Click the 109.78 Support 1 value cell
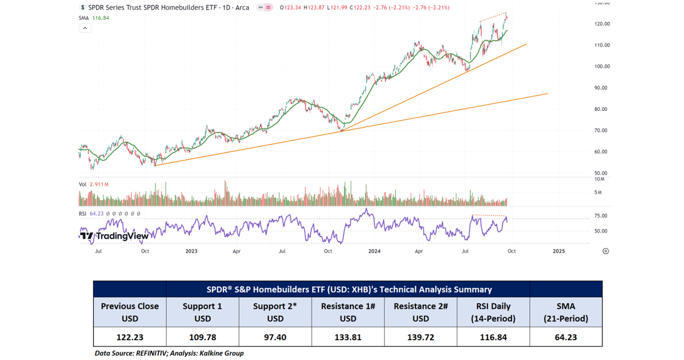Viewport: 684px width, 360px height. (202, 337)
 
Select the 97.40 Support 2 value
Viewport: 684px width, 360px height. (275, 337)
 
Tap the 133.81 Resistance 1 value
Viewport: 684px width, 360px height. (348, 337)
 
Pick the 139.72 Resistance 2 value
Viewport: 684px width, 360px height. (421, 337)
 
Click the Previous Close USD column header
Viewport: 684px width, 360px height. (130, 312)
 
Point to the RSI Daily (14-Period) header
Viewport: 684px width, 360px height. (493, 312)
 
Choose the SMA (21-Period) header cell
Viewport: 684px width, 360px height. (566, 312)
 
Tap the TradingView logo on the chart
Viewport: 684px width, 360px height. (115, 236)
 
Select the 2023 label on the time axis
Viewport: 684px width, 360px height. (191, 251)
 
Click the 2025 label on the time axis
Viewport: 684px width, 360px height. (559, 251)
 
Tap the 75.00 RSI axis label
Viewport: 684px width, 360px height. (601, 216)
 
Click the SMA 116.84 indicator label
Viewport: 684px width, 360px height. (94, 18)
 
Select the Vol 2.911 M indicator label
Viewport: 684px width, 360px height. (94, 185)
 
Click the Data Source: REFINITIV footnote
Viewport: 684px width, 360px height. (169, 354)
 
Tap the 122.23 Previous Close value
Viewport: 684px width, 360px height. (130, 337)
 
